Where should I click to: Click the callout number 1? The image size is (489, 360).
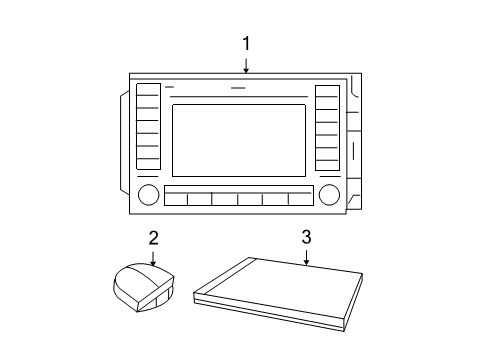point(246,43)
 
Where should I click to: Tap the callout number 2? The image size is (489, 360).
point(153,238)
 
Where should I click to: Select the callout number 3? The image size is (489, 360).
point(306,238)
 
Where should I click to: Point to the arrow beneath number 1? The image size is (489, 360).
point(246,65)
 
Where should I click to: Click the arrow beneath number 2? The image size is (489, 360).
point(153,258)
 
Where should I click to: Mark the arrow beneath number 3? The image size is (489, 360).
point(306,258)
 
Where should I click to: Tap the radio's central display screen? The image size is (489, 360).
point(239,139)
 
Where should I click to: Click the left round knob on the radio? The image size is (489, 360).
point(148,194)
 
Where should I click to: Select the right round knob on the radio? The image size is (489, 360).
point(328,194)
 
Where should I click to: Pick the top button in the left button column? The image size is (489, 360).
point(147,92)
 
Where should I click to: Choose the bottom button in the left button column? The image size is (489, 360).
point(147,164)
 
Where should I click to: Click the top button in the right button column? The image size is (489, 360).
point(327,92)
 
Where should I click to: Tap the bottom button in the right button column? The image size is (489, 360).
point(327,164)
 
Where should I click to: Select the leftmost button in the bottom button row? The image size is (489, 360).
point(175,198)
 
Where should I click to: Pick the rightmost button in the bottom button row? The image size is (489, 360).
point(300,198)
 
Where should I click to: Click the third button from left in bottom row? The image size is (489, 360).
point(225,198)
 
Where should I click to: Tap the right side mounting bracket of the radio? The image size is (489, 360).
point(353,140)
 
